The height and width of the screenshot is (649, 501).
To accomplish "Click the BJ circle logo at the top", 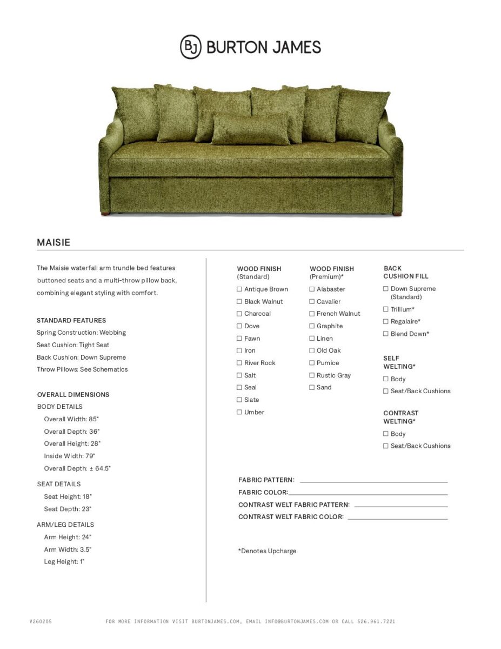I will pos(190,47).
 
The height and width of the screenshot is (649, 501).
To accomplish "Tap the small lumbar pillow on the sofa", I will pos(250,129).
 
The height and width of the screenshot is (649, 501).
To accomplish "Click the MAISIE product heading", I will pos(54,242).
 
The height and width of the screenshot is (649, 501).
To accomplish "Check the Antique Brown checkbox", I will pos(239,289).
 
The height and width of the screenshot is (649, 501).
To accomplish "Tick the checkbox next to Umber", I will pos(239,412).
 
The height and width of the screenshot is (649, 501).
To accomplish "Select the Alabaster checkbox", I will pos(312,289).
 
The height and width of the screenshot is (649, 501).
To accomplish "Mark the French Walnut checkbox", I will pos(312,314).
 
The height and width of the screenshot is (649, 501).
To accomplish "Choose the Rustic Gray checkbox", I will pos(312,375).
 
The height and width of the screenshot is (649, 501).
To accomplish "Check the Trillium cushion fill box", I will pos(386,309).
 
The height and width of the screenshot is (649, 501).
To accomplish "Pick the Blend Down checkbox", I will pos(386,334).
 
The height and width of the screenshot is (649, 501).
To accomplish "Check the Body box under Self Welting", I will pos(386,379).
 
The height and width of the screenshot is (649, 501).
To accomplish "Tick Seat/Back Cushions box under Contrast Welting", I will pos(386,446).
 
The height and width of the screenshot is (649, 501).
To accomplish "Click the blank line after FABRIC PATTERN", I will pos(373,481).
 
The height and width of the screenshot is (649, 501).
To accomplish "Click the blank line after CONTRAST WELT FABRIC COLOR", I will pos(397,518).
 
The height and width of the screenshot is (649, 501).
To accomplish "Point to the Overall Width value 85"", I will pos(94,419).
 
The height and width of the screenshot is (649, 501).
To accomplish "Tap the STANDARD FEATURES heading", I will pos(71,320).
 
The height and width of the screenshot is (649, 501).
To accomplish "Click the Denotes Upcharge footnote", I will pos(267,551).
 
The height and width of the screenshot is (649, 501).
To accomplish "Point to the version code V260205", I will pos(41,621).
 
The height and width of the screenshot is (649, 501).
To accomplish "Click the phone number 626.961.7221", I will pos(376,621).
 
